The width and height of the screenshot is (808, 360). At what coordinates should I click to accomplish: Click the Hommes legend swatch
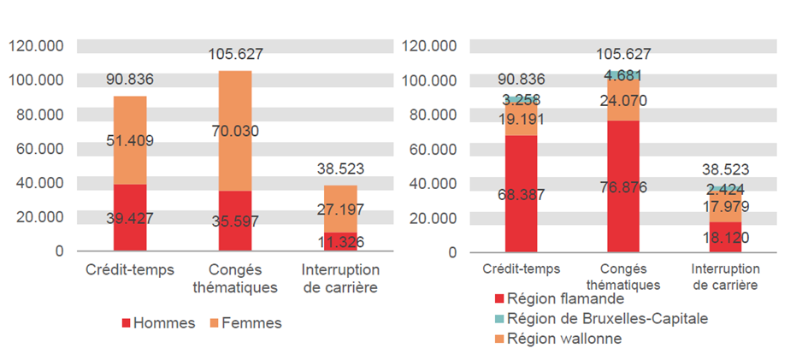click(x=127, y=323)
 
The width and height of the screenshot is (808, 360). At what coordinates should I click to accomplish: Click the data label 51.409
click(x=130, y=140)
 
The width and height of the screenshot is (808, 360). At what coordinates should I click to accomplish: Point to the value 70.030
click(x=235, y=131)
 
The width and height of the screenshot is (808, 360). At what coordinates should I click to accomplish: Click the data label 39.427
click(x=130, y=218)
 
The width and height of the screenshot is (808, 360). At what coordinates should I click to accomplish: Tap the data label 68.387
click(x=522, y=194)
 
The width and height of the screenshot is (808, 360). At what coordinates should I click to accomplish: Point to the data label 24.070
click(x=622, y=100)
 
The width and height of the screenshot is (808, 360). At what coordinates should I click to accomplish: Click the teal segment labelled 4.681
click(x=622, y=75)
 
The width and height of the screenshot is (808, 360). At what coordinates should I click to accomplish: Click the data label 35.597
click(x=235, y=221)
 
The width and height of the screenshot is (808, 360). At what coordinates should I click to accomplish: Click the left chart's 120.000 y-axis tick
click(x=36, y=46)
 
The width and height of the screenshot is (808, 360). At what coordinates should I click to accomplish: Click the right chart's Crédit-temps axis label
click(x=522, y=269)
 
